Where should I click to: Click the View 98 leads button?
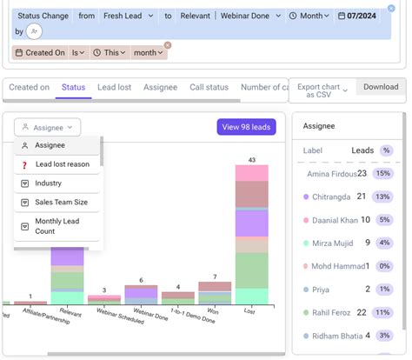click(246, 127)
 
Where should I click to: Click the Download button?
click(380, 87)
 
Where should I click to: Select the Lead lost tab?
click(114, 87)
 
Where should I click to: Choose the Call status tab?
click(209, 87)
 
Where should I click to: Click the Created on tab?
click(29, 87)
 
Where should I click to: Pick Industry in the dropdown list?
click(48, 183)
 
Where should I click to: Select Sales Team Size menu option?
click(62, 203)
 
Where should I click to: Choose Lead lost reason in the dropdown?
click(62, 164)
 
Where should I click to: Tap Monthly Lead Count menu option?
click(57, 227)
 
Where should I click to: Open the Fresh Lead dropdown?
click(129, 16)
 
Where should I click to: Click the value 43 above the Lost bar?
click(251, 159)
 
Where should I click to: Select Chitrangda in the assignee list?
click(331, 197)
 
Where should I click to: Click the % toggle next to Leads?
click(386, 150)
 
